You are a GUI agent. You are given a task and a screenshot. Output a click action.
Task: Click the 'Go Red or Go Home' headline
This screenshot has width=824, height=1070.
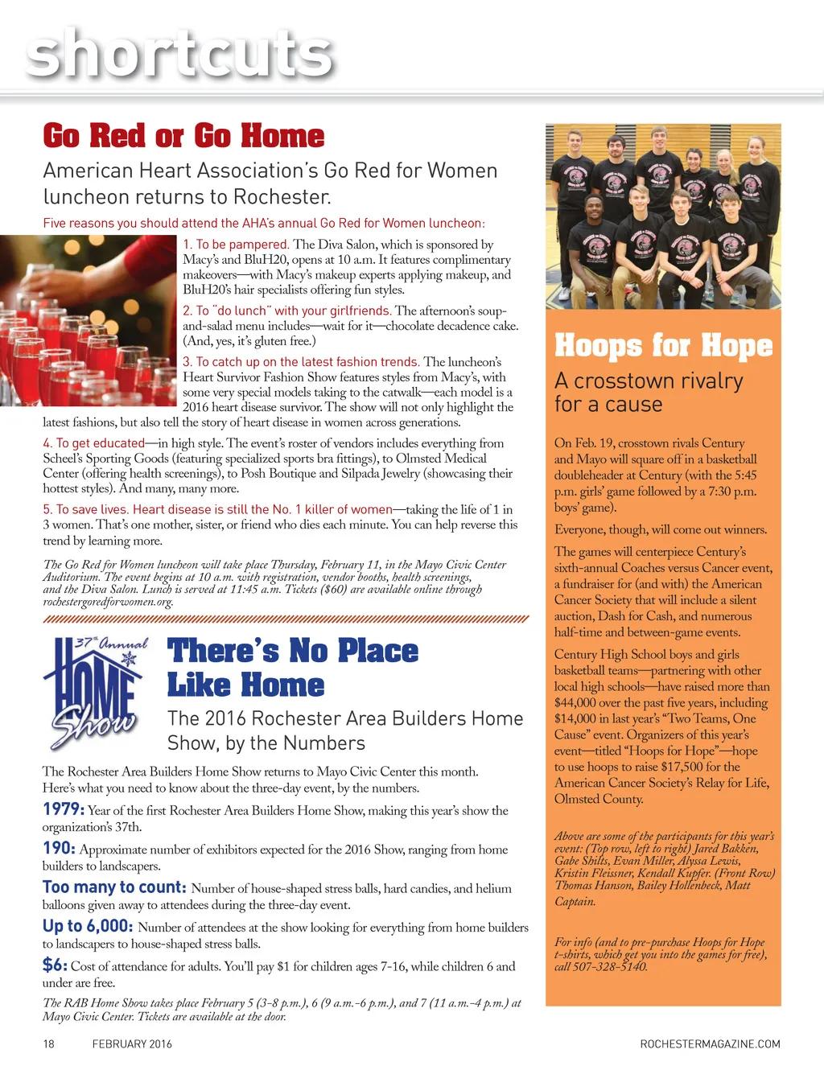pyautogui.click(x=183, y=135)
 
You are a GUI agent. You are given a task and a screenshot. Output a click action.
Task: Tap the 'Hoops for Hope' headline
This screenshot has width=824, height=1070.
pyautogui.click(x=663, y=346)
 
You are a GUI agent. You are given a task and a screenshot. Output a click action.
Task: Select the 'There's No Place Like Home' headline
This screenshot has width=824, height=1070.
pyautogui.click(x=293, y=668)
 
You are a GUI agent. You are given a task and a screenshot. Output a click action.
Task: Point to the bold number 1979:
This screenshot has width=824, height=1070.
pyautogui.click(x=64, y=809)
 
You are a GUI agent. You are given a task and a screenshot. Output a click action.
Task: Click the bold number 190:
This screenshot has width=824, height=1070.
pyautogui.click(x=60, y=848)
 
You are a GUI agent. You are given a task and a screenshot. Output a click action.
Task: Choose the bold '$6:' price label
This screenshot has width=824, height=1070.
pyautogui.click(x=55, y=965)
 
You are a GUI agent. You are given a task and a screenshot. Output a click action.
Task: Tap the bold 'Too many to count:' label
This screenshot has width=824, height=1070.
pyautogui.click(x=114, y=887)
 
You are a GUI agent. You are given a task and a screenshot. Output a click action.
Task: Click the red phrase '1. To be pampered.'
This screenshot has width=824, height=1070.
pyautogui.click(x=237, y=244)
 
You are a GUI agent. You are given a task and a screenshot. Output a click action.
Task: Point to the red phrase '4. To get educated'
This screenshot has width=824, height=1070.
pyautogui.click(x=93, y=442)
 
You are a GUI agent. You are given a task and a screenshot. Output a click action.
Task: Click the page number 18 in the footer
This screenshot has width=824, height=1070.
pyautogui.click(x=48, y=1044)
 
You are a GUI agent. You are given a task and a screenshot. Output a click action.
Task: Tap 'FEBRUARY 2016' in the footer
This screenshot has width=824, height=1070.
pyautogui.click(x=132, y=1044)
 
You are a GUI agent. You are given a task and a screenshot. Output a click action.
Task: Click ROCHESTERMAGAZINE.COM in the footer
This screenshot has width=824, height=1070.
pyautogui.click(x=710, y=1044)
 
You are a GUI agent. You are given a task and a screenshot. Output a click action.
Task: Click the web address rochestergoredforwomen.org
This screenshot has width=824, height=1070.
pyautogui.click(x=108, y=602)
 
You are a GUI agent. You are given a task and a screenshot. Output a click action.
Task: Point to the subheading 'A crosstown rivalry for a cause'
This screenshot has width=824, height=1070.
pyautogui.click(x=649, y=392)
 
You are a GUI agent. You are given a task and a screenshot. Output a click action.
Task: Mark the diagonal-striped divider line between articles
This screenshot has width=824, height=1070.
pyautogui.click(x=286, y=619)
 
